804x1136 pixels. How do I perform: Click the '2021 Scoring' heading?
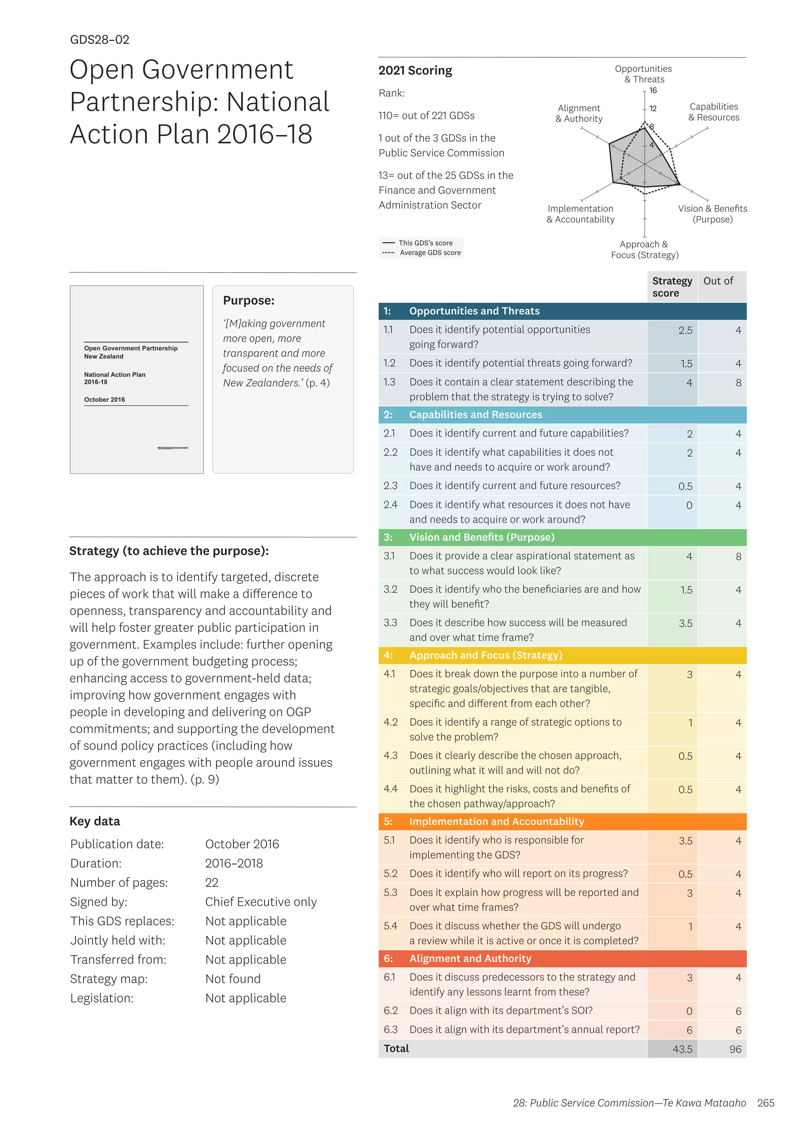click(415, 71)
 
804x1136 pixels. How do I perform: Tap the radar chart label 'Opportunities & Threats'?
click(643, 74)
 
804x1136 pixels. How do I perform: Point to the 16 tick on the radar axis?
click(653, 91)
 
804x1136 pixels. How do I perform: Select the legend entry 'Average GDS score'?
click(430, 253)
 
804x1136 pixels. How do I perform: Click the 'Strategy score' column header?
click(672, 287)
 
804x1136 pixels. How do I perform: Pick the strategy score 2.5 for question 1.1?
click(685, 331)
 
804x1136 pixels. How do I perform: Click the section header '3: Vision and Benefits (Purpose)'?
click(481, 537)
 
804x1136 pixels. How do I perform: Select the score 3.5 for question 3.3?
click(685, 623)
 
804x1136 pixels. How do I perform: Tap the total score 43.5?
click(682, 1049)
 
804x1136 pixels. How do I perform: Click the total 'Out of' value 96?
click(735, 1049)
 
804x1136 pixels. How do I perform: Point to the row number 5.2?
click(390, 874)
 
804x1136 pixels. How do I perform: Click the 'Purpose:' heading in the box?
click(249, 301)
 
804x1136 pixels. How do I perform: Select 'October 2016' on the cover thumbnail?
click(104, 400)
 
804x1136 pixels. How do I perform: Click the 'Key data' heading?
click(95, 821)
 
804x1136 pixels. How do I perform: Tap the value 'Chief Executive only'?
click(261, 902)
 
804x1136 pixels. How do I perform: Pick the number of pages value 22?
click(212, 883)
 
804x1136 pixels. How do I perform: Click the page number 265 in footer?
click(766, 1103)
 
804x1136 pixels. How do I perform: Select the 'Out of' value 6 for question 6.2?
click(738, 1011)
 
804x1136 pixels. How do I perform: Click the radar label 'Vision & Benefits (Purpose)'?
click(713, 214)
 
